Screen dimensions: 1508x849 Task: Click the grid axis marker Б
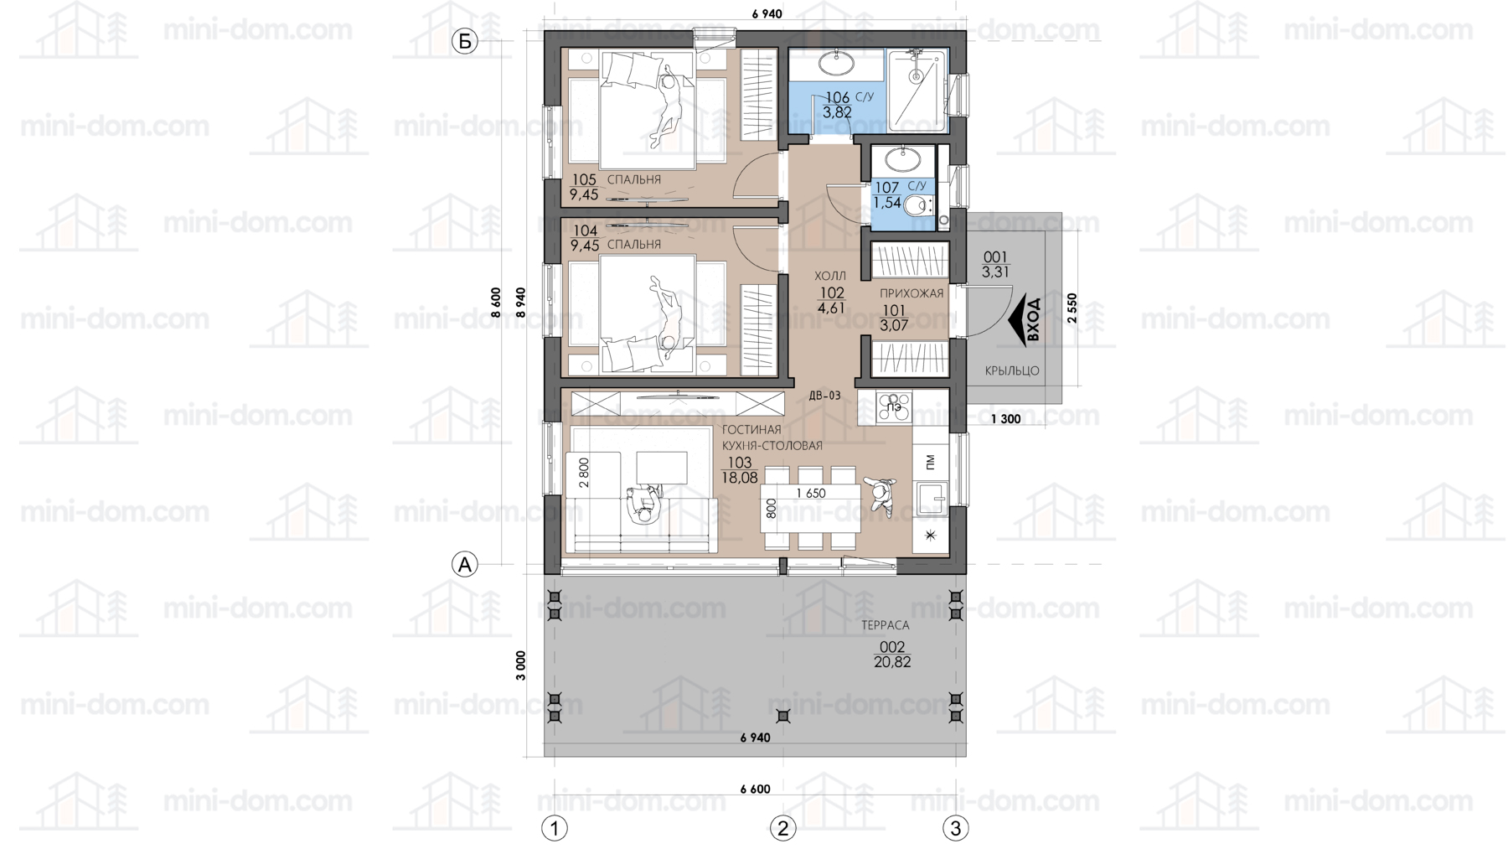[x=464, y=41]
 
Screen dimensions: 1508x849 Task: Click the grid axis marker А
[x=464, y=564]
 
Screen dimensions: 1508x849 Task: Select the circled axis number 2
[x=782, y=828]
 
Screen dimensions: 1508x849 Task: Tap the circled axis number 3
[x=956, y=828]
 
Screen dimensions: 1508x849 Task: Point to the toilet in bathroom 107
[x=919, y=204]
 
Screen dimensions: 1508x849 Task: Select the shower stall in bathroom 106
[x=917, y=90]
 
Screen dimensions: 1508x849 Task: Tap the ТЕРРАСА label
[x=885, y=625]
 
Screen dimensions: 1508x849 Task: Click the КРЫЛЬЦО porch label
[x=1012, y=370]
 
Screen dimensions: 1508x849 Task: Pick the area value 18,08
[x=740, y=478]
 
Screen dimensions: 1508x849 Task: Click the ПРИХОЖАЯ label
[x=912, y=293]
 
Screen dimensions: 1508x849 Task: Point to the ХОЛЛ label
[x=830, y=276]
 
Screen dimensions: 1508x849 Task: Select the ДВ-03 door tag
[x=824, y=396]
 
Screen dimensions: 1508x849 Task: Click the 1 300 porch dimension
[x=1006, y=419]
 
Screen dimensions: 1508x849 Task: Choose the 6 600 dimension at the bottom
[x=755, y=789]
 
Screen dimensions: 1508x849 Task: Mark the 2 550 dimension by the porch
[x=1072, y=308]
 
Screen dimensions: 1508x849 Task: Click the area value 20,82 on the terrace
[x=892, y=661]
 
